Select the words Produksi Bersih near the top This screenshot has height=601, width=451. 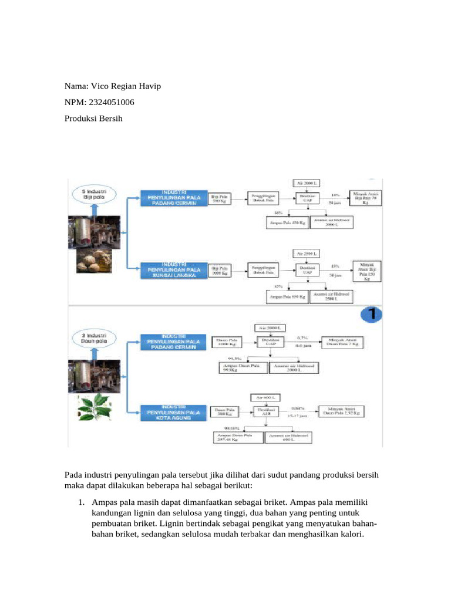pos(95,119)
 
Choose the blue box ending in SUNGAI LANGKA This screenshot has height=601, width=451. pos(174,270)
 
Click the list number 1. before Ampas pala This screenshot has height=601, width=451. pos(83,503)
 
